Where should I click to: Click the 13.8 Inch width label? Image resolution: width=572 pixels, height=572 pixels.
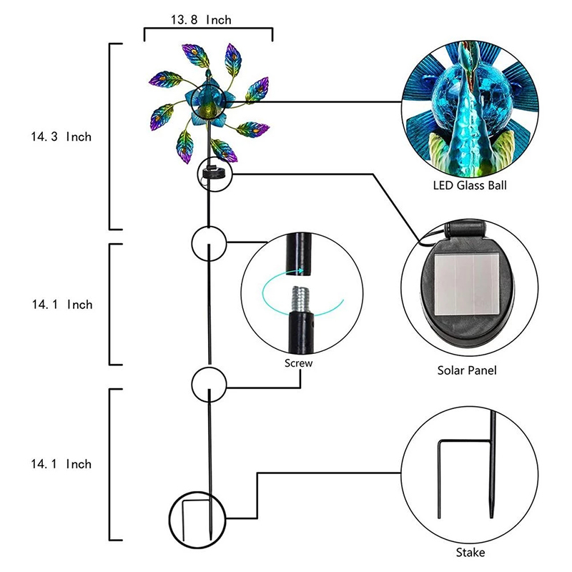coord(201,20)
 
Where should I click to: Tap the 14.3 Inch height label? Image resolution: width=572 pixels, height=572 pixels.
coord(61,136)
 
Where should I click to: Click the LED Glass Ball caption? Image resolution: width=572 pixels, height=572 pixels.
coord(466,186)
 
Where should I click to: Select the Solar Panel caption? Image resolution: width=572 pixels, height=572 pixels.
coord(466,370)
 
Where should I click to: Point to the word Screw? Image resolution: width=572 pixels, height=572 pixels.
coord(298,363)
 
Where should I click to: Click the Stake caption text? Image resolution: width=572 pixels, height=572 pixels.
coord(470,553)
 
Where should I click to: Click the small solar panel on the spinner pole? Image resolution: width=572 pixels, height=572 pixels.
coord(212,172)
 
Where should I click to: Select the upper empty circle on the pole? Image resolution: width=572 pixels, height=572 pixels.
coord(209,243)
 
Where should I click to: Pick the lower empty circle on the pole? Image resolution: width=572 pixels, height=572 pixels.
coord(209,383)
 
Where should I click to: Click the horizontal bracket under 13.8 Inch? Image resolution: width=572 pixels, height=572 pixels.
coord(208,31)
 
